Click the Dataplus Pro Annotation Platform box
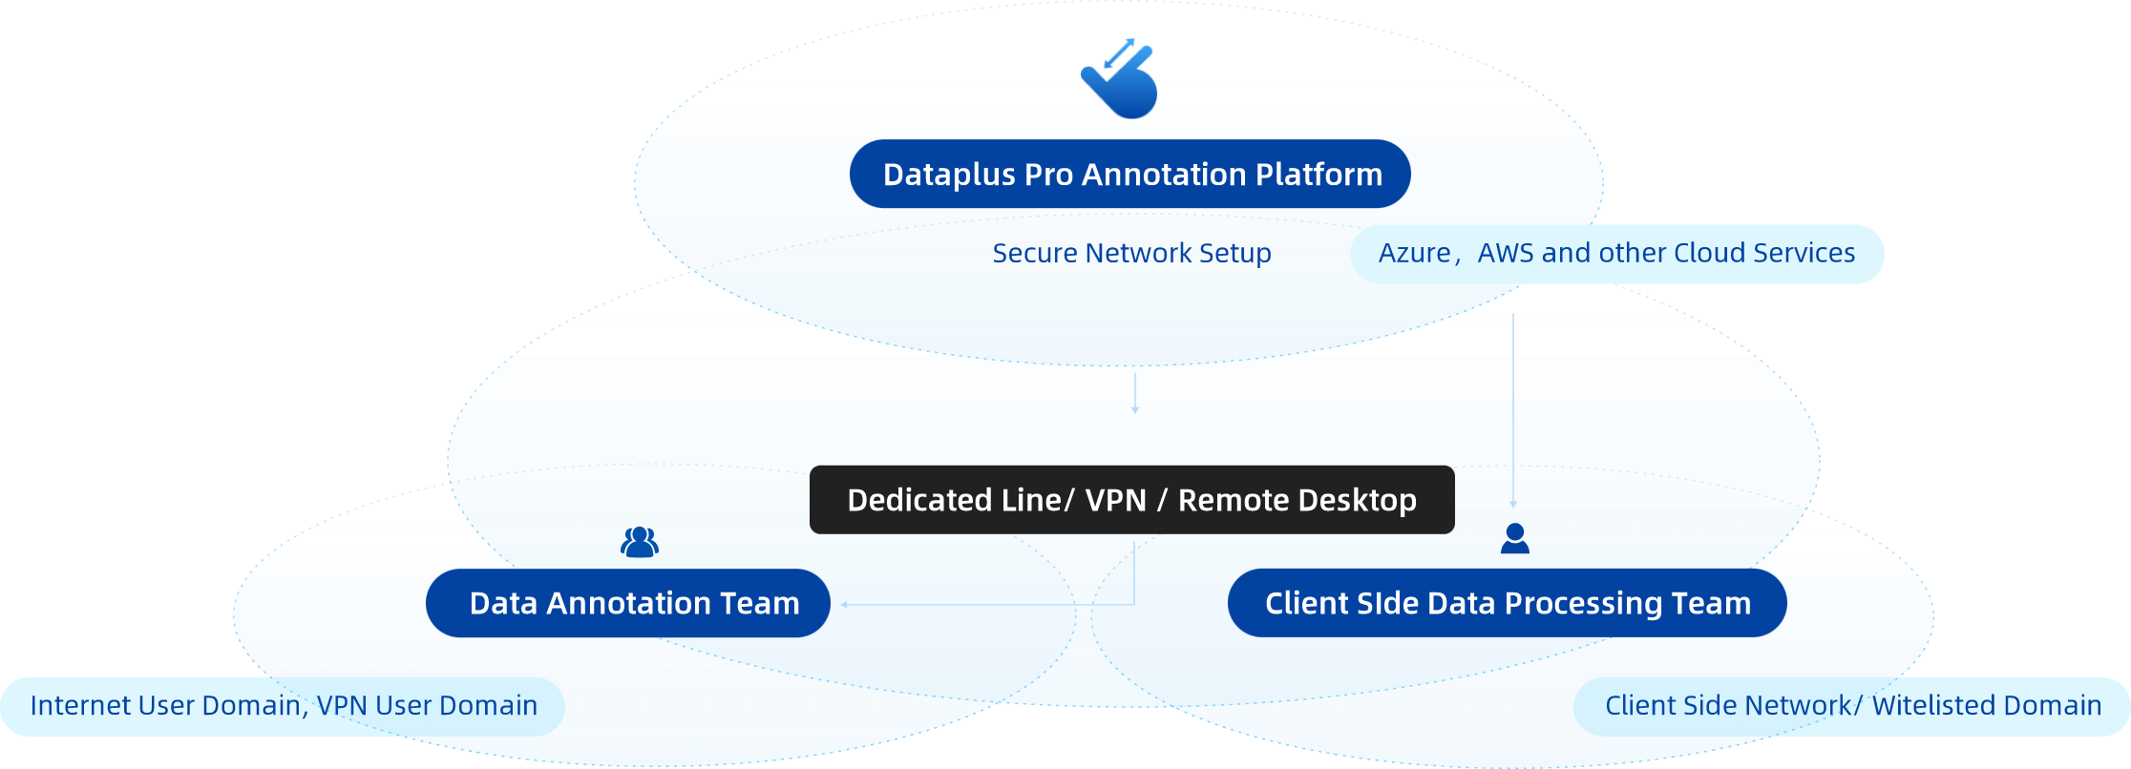point(1129,175)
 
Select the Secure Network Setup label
point(1131,253)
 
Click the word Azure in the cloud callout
point(1414,253)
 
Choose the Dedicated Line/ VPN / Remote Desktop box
point(1131,500)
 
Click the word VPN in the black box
point(1115,500)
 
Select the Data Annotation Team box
point(628,603)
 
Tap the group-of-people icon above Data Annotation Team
point(639,542)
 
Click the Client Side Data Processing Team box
point(1507,603)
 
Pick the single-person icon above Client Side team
point(1514,539)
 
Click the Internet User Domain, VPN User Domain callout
point(283,706)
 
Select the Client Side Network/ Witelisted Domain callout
point(1852,706)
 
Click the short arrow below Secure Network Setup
point(1135,393)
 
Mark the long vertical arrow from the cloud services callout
point(1513,410)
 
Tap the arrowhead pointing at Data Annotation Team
point(845,604)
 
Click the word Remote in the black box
point(1234,500)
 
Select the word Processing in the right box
point(1584,603)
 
